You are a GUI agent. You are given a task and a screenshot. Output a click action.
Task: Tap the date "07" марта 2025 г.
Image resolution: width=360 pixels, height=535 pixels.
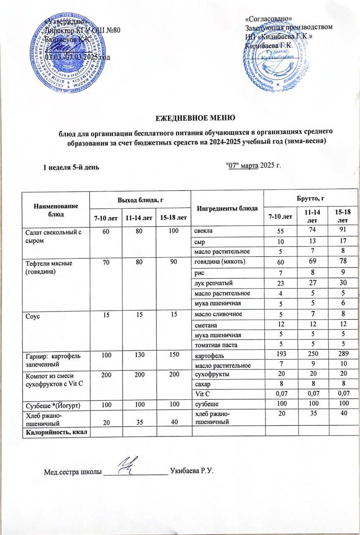click(x=253, y=165)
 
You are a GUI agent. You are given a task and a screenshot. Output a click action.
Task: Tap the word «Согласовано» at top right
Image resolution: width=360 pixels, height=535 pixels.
click(x=268, y=19)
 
